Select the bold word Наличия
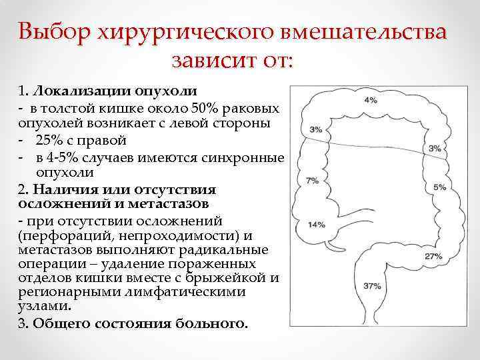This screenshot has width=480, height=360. pyautogui.click(x=47, y=189)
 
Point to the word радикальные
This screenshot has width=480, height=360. pyautogui.click(x=231, y=250)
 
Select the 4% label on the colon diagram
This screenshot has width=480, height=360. pyautogui.click(x=371, y=100)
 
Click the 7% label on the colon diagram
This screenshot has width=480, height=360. pyautogui.click(x=311, y=181)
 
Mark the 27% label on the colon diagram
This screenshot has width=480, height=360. pyautogui.click(x=433, y=256)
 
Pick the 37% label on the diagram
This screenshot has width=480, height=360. pyautogui.click(x=372, y=286)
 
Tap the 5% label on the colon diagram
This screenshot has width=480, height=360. pyautogui.click(x=439, y=187)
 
